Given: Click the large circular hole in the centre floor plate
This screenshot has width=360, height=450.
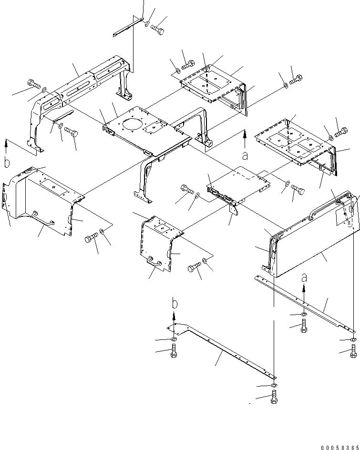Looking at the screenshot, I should tap(132, 127).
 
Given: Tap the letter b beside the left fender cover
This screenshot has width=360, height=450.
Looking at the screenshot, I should tap(7, 163).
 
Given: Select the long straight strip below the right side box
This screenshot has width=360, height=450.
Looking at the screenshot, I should tap(305, 303).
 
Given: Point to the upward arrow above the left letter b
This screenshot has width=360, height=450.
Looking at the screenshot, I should tap(7, 145).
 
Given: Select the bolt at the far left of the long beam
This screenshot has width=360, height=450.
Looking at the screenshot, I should tap(33, 84).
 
